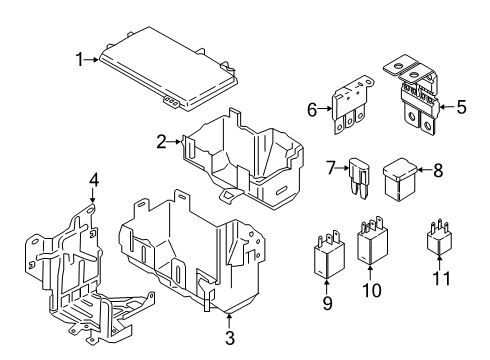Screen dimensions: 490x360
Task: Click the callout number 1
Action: click(80, 60)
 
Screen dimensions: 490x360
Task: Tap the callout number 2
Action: click(161, 142)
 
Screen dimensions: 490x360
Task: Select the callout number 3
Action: click(230, 338)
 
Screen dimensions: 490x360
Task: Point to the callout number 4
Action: click(94, 181)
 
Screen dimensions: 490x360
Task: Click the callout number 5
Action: click(461, 107)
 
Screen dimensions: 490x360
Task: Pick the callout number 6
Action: click(312, 110)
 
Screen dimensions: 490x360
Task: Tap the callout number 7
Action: click(330, 168)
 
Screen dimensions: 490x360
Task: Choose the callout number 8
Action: click(438, 170)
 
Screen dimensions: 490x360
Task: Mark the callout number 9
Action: click(327, 303)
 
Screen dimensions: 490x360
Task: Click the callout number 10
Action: click(372, 290)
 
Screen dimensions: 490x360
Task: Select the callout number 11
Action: click(441, 278)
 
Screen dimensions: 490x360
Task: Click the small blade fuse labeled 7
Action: click(359, 179)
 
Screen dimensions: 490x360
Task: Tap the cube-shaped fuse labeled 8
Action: click(400, 180)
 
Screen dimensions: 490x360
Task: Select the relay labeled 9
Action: click(329, 255)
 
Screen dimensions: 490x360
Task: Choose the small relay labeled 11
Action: click(439, 238)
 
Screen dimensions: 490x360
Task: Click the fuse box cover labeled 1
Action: click(169, 68)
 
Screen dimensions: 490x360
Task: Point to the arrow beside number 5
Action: click(447, 107)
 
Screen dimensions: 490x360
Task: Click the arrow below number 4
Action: click(93, 195)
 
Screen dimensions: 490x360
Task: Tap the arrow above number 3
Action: click(229, 321)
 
